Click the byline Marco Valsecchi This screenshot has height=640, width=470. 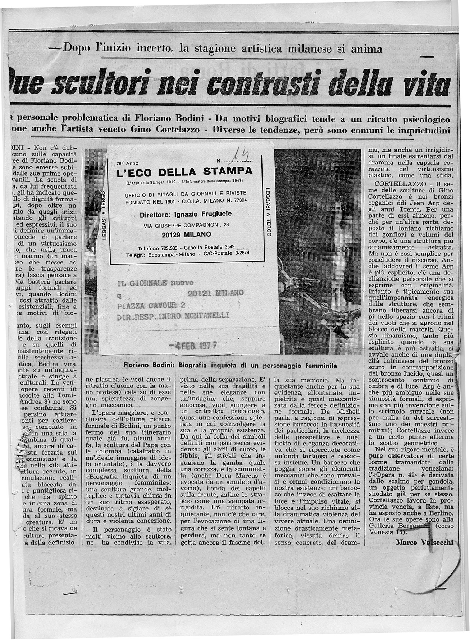point(424,543)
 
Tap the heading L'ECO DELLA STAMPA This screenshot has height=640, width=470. point(185,171)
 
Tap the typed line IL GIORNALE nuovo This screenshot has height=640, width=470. point(155,282)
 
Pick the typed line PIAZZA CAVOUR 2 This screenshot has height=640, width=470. point(151,306)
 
